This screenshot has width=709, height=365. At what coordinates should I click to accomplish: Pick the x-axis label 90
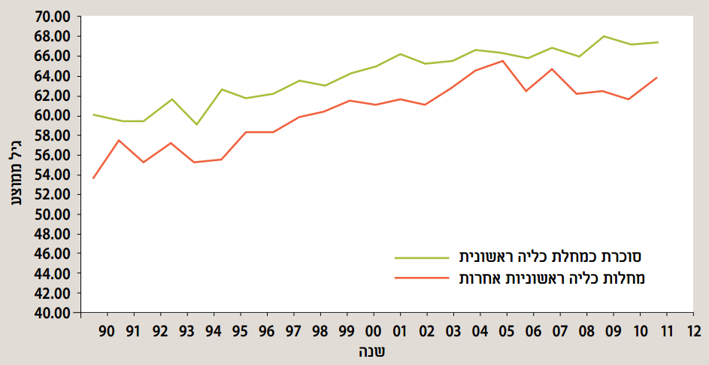107,331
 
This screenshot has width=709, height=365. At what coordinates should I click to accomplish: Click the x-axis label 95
240,331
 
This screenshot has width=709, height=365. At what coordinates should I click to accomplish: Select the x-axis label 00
373,331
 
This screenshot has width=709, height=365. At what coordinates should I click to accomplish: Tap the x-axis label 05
506,331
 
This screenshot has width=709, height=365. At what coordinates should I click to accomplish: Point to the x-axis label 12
692,331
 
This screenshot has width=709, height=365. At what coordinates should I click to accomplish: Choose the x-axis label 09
613,331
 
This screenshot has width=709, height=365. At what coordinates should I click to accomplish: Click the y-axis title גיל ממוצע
16,163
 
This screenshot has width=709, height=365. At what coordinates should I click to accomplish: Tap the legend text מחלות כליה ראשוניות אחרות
552,278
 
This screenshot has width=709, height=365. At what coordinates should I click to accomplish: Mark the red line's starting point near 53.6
93,178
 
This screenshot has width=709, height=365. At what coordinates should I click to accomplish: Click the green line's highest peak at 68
604,36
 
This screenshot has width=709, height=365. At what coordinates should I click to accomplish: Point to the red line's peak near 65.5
501,61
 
